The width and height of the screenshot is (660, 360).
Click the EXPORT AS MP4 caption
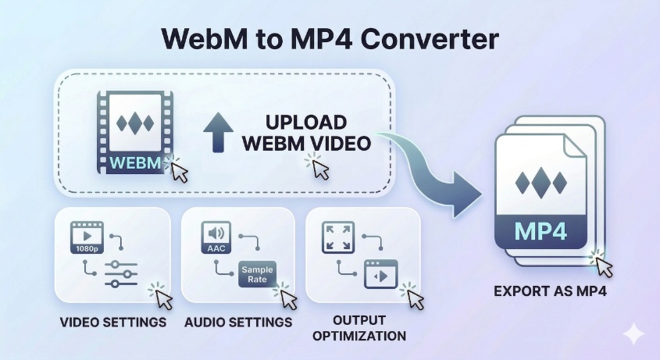(550, 292)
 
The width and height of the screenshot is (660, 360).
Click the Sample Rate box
(257, 274)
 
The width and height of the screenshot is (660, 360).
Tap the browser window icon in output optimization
(381, 274)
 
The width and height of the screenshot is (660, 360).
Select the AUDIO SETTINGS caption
(238, 322)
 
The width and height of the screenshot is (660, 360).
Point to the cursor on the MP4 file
(604, 265)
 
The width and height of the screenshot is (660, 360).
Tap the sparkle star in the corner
(633, 335)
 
